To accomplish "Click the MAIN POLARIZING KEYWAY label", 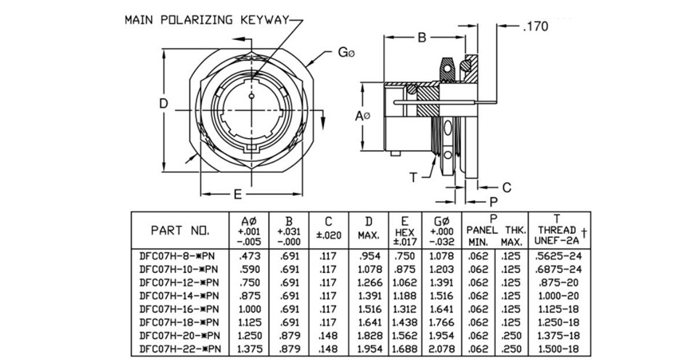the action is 207,20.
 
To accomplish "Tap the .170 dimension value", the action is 536,27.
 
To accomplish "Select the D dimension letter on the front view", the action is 163,104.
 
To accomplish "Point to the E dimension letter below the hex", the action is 238,195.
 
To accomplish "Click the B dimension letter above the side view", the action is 422,38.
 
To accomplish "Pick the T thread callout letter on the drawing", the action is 413,178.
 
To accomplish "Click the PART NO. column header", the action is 179,231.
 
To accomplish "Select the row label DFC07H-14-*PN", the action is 179,295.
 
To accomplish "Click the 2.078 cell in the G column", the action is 442,348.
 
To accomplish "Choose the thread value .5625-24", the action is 558,256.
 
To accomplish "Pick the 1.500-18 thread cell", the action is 558,348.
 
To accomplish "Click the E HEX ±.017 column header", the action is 404,232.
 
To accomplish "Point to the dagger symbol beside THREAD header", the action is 584,232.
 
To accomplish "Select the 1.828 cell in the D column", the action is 369,335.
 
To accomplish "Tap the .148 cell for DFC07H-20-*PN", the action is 328,335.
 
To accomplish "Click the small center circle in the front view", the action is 252,97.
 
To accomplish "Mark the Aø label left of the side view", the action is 362,116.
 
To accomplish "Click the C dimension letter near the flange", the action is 507,187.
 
